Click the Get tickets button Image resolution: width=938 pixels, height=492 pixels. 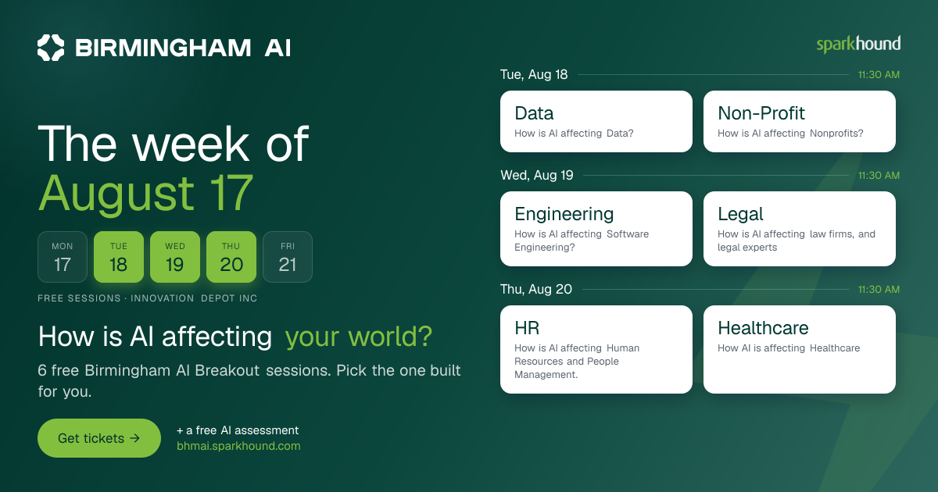(x=99, y=438)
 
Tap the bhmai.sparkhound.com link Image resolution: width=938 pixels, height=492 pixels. (x=238, y=446)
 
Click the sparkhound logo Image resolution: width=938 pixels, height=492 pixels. (x=858, y=45)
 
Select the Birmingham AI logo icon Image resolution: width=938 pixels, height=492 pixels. (x=51, y=48)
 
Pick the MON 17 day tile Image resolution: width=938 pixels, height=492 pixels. (x=63, y=257)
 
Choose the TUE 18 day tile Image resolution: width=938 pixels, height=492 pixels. (x=119, y=257)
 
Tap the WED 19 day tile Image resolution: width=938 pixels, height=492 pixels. (x=175, y=257)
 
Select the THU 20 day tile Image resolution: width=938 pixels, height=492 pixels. (x=231, y=257)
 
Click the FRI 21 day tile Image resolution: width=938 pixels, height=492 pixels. (x=288, y=257)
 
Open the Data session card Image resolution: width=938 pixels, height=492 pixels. (x=596, y=121)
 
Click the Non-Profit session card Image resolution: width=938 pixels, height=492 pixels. (x=800, y=121)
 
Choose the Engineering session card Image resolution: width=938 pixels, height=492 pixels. (x=596, y=229)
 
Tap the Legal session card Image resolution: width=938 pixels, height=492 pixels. (x=800, y=229)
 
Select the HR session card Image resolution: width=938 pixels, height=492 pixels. (x=596, y=349)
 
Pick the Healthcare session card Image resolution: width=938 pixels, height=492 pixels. (x=800, y=349)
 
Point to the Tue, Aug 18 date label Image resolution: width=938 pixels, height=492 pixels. (x=534, y=74)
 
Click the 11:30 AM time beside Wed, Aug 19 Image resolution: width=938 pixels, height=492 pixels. (x=879, y=175)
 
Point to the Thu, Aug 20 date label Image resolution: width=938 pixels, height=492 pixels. (x=536, y=289)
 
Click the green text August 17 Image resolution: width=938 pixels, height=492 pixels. (x=145, y=194)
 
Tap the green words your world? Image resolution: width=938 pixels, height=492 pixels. (x=359, y=337)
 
